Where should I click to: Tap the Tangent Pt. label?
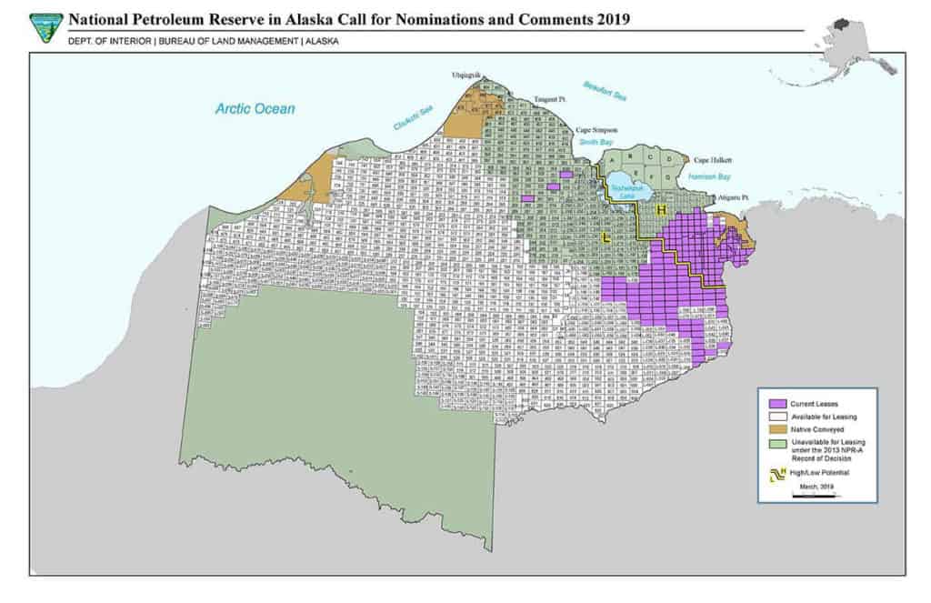[549, 98]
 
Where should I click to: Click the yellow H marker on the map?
[661, 211]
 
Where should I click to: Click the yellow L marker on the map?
[606, 238]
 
